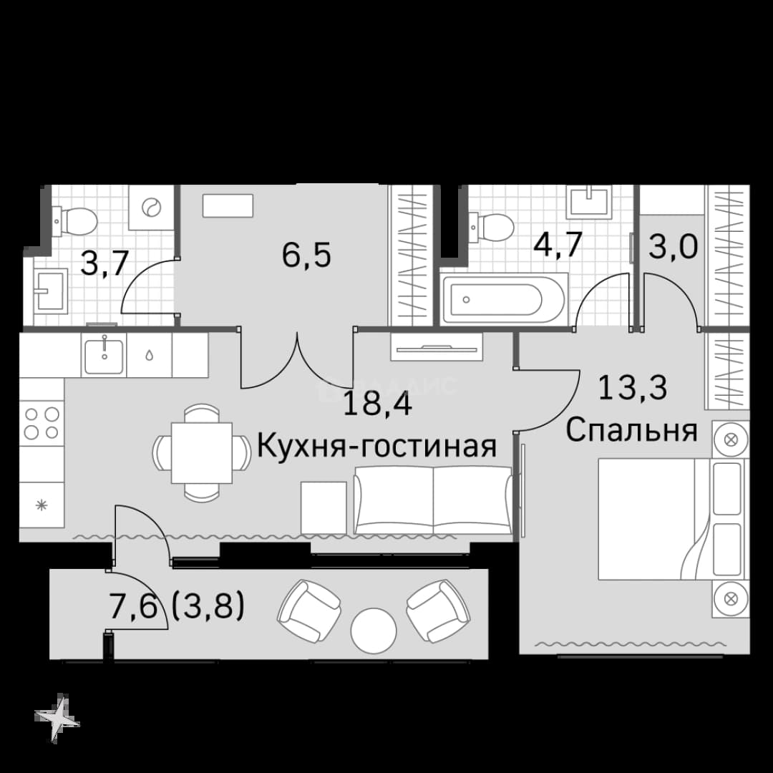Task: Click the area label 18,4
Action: point(377,404)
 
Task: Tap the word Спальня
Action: point(631,430)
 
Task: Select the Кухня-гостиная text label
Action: point(377,447)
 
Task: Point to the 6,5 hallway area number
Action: point(306,256)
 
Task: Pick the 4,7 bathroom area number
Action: point(558,245)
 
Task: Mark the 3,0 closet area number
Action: point(673,247)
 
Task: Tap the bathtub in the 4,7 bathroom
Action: point(504,299)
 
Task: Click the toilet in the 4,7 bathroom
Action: point(492,227)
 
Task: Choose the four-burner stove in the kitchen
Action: point(42,423)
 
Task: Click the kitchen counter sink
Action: point(104,354)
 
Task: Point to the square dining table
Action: point(202,452)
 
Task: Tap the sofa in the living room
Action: point(433,500)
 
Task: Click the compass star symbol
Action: point(57,718)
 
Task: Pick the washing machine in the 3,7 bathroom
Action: point(151,207)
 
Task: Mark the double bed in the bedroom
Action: point(674,519)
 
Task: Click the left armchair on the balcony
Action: point(310,611)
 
